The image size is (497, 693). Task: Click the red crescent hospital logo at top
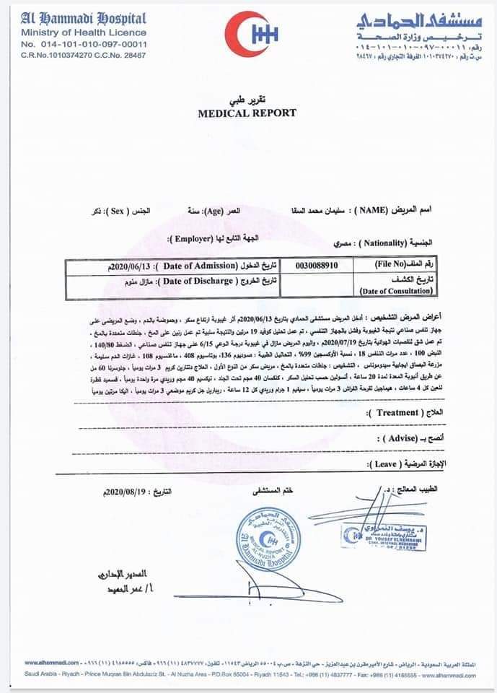click(x=250, y=34)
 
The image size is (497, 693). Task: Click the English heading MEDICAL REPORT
click(x=247, y=113)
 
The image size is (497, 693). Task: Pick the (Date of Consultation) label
click(x=396, y=291)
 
